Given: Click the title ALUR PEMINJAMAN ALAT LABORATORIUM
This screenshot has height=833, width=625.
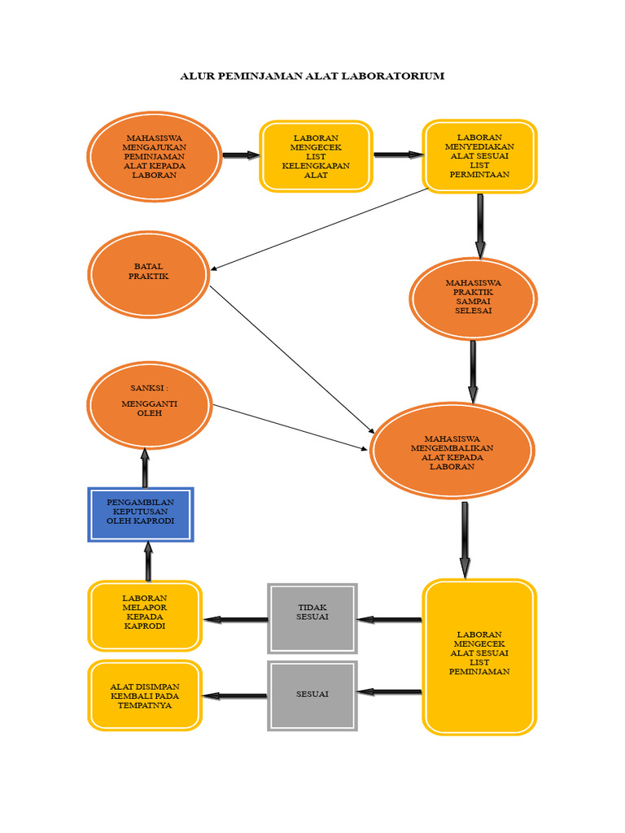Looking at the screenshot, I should pyautogui.click(x=312, y=76).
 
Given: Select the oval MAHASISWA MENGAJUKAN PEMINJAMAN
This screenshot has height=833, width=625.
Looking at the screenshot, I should pyautogui.click(x=154, y=156).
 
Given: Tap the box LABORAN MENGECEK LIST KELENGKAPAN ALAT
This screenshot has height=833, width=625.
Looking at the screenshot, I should pyautogui.click(x=316, y=156).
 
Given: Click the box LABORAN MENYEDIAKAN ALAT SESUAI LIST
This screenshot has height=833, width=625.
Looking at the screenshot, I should pyautogui.click(x=479, y=156).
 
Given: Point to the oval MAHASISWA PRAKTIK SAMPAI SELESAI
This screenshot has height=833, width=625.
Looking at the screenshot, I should pyautogui.click(x=473, y=298).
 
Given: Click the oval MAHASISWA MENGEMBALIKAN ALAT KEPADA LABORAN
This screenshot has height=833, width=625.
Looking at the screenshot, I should pyautogui.click(x=452, y=451).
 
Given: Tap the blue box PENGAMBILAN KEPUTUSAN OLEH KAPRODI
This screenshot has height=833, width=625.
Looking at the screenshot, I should pyautogui.click(x=141, y=514).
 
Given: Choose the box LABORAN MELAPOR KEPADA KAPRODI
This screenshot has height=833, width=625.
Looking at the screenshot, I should pyautogui.click(x=144, y=615).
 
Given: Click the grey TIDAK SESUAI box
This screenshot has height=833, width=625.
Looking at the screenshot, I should pyautogui.click(x=312, y=618).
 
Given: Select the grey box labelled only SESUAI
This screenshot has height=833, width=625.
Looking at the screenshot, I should pyautogui.click(x=312, y=694).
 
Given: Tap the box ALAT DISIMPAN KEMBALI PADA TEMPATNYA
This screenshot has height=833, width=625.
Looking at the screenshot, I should pyautogui.click(x=145, y=696).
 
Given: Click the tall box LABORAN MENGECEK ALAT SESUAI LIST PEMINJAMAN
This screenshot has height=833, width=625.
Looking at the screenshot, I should pyautogui.click(x=479, y=656).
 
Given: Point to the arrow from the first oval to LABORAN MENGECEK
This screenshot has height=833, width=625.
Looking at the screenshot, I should pyautogui.click(x=240, y=155).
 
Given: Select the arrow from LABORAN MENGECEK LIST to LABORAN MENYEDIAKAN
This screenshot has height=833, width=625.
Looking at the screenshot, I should pyautogui.click(x=397, y=155).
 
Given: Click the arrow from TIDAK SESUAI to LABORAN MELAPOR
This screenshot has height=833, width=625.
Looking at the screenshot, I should pyautogui.click(x=235, y=619).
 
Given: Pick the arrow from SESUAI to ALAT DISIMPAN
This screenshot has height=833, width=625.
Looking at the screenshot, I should pyautogui.click(x=235, y=696).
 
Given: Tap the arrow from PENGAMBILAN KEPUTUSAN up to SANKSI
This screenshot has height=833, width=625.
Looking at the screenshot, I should pyautogui.click(x=145, y=468).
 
